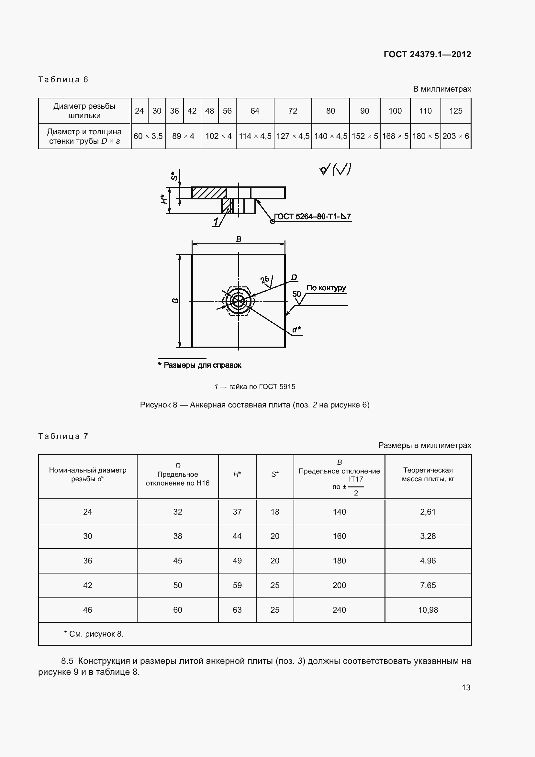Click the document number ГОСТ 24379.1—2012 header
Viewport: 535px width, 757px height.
click(x=427, y=54)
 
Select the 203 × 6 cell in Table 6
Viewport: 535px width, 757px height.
click(x=456, y=136)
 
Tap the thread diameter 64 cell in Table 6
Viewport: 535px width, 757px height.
click(x=255, y=111)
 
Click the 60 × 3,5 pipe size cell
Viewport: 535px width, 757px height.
click(x=148, y=136)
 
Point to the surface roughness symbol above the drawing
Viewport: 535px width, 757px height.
click(x=335, y=170)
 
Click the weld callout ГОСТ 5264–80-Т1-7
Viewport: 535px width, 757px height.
click(x=312, y=217)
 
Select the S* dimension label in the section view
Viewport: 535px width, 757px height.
click(x=174, y=176)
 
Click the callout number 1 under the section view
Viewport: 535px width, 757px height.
click(x=216, y=222)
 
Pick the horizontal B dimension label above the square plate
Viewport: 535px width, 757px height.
click(x=239, y=239)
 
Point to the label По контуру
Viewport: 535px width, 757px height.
click(x=326, y=288)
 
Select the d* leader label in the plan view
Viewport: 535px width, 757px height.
click(x=296, y=329)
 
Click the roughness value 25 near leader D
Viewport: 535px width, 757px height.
click(x=265, y=280)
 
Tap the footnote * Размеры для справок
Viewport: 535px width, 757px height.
click(x=200, y=365)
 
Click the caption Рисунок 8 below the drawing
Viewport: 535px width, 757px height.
click(x=254, y=405)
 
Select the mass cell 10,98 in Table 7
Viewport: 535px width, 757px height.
click(x=428, y=610)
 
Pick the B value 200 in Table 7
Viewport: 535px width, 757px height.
click(x=339, y=585)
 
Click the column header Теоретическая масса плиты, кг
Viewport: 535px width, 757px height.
click(x=428, y=474)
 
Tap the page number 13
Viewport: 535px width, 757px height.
click(x=466, y=687)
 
